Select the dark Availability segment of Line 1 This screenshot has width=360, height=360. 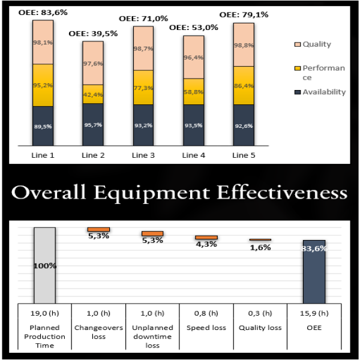coord(43,126)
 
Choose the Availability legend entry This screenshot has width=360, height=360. coord(324,92)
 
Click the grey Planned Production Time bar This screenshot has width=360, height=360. coord(44,264)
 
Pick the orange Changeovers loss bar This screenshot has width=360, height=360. coord(98,229)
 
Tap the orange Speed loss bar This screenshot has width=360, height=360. coord(206,238)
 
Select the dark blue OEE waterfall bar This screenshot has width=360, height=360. coord(314,270)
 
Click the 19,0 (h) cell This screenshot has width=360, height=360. coord(44,313)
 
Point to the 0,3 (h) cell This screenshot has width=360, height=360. coord(260,313)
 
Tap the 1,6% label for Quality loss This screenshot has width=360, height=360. coord(260,247)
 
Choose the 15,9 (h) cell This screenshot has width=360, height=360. coord(314,313)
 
